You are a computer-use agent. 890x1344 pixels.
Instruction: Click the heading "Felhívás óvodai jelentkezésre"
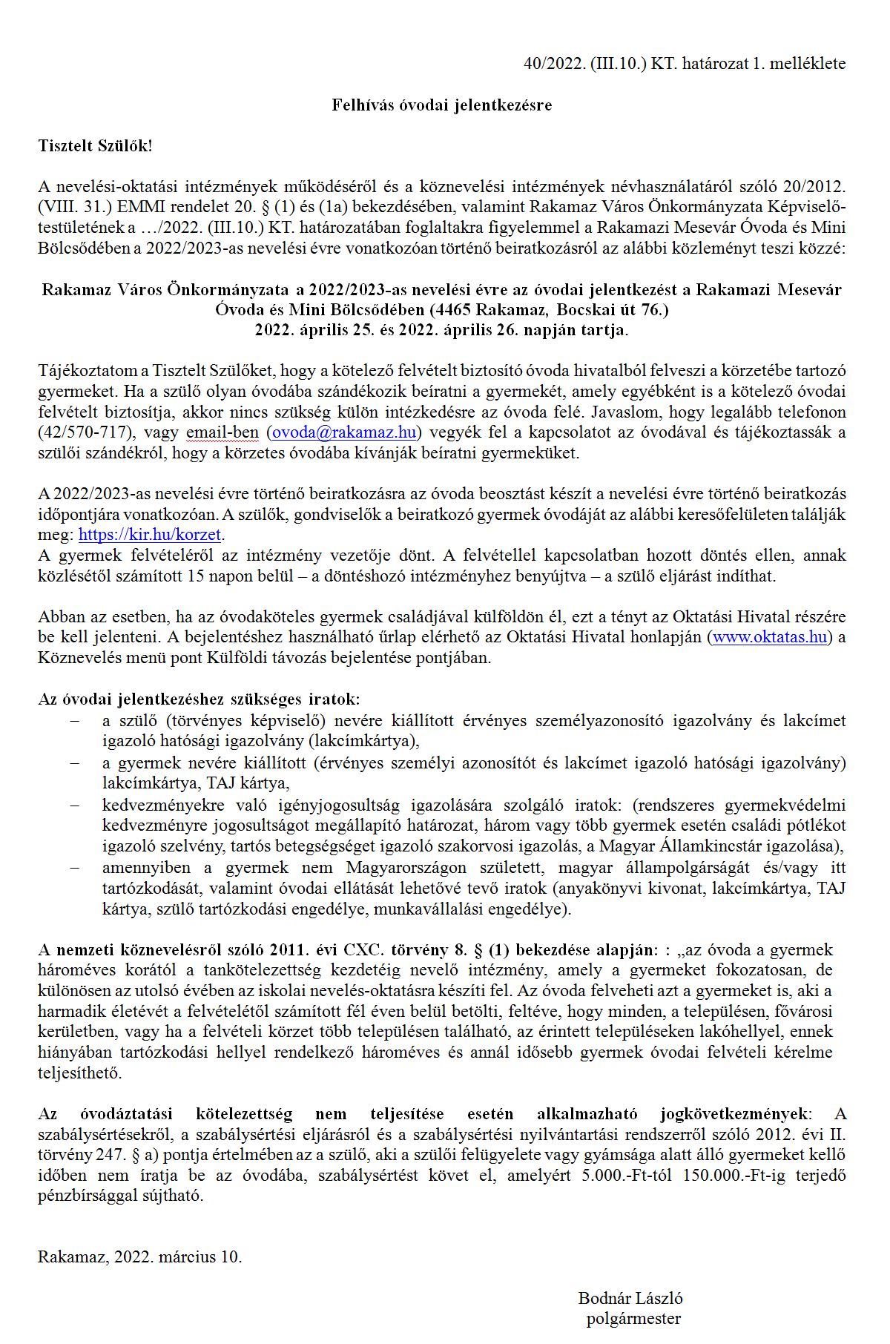click(441, 105)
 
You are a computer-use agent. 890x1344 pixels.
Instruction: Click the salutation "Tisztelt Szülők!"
click(95, 145)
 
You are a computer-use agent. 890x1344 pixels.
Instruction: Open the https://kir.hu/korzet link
click(150, 535)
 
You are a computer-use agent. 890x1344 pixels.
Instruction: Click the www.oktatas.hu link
click(769, 637)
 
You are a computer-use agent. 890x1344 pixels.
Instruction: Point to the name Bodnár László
click(630, 1298)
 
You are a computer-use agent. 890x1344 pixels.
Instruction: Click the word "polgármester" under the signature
click(633, 1318)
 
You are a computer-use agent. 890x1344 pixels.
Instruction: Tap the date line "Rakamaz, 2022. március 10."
click(140, 1256)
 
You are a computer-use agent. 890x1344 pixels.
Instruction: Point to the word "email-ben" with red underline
click(222, 432)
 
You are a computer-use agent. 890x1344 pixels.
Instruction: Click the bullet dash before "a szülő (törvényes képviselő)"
click(73, 720)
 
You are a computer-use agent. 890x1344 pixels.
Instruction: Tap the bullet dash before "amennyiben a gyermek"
click(73, 868)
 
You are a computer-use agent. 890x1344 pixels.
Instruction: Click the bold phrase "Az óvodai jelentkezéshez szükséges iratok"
click(198, 699)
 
